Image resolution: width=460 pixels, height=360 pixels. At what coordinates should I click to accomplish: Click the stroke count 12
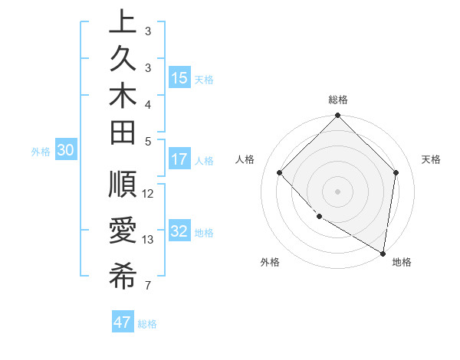(148, 193)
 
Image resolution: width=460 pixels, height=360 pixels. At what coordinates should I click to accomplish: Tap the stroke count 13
(148, 240)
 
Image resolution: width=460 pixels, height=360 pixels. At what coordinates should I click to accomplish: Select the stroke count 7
(148, 286)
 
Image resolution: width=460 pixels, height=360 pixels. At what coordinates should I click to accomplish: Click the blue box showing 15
(179, 78)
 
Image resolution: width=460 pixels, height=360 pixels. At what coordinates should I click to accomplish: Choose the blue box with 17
(179, 160)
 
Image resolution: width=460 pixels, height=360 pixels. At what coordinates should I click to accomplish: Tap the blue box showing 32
(179, 232)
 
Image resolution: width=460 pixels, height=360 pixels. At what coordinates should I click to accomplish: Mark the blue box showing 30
(66, 151)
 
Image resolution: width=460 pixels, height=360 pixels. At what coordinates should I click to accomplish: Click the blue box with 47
(123, 322)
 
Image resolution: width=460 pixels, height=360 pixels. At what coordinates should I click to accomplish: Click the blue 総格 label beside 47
(147, 324)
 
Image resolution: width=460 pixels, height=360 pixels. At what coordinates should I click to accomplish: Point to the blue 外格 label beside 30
(41, 152)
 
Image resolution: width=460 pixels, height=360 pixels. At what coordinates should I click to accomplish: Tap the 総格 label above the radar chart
(337, 100)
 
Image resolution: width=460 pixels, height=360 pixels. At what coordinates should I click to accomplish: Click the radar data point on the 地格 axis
(383, 253)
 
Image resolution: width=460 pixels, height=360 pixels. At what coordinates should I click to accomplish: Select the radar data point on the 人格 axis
(280, 173)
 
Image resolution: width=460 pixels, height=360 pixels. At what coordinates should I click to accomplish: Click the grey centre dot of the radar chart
(337, 191)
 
